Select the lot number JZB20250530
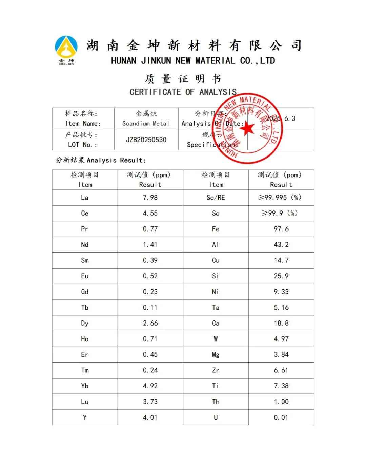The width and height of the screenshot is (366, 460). click(146, 140)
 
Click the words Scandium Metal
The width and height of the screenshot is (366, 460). click(146, 124)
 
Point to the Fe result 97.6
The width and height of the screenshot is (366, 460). click(281, 229)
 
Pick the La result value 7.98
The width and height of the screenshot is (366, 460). click(150, 198)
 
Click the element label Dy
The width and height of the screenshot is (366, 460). click(85, 323)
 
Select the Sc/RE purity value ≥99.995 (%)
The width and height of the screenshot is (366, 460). click(280, 198)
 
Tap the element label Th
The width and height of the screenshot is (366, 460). click(216, 402)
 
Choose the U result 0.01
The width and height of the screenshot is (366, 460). click(281, 417)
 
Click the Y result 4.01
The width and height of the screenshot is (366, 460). click(150, 417)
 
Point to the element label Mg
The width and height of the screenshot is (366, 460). click(216, 355)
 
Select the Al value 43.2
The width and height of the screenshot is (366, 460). click(281, 245)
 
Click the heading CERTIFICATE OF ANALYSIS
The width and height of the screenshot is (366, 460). click(183, 92)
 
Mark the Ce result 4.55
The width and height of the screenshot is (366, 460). click(150, 213)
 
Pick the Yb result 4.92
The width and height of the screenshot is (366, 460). click(150, 386)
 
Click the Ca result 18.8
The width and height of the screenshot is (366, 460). click(281, 323)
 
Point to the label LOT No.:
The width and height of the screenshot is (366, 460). click(82, 145)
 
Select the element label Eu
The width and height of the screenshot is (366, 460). click(85, 276)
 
